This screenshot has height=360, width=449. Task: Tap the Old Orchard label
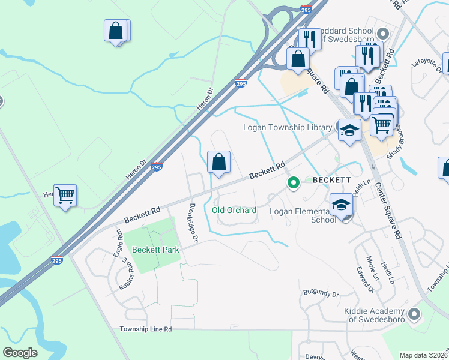234,210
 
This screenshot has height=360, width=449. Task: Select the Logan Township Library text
287,127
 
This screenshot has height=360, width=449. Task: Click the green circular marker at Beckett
293,182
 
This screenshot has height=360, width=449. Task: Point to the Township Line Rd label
145,329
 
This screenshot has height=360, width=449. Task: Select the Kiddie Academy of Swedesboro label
375,315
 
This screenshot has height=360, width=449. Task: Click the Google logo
20,353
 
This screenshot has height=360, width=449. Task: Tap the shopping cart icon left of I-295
65,194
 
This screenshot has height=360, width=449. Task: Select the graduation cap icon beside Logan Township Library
349,130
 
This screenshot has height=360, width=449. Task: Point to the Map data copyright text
423,355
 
